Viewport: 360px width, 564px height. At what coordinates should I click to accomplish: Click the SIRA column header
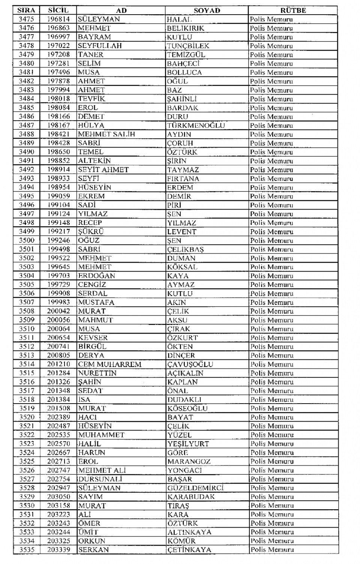pyautogui.click(x=26, y=10)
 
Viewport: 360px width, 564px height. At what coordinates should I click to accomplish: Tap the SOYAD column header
pyautogui.click(x=207, y=10)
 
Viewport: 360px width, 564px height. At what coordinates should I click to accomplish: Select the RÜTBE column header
pyautogui.click(x=293, y=10)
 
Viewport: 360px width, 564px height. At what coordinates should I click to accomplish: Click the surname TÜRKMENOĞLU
pyautogui.click(x=196, y=126)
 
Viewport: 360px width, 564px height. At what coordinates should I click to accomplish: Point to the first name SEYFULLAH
pyautogui.click(x=100, y=46)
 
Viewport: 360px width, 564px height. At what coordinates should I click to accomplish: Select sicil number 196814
pyautogui.click(x=58, y=19)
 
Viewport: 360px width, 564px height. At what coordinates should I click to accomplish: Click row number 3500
pyautogui.click(x=26, y=241)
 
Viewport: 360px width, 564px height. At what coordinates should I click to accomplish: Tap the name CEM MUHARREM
pyautogui.click(x=109, y=364)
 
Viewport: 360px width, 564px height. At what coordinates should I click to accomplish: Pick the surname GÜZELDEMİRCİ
pyautogui.click(x=195, y=488)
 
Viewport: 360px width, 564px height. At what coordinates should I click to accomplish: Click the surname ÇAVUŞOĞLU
pyautogui.click(x=190, y=364)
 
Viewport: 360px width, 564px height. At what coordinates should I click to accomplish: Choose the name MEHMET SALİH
pyautogui.click(x=106, y=134)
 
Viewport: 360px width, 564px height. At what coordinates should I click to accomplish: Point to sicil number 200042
pyautogui.click(x=58, y=311)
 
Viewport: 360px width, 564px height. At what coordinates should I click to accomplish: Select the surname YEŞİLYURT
pyautogui.click(x=188, y=444)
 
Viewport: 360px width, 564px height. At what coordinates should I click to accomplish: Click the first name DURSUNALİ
pyautogui.click(x=100, y=479)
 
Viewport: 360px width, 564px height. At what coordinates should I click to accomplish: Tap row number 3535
pyautogui.click(x=27, y=550)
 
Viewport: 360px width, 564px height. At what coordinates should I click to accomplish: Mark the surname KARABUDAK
pyautogui.click(x=191, y=497)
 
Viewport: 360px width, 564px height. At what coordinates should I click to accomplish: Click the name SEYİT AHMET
pyautogui.click(x=103, y=170)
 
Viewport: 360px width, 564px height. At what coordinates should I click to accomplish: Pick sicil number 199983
pyautogui.click(x=58, y=302)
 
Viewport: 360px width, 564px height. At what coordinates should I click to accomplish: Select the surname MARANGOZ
pyautogui.click(x=189, y=461)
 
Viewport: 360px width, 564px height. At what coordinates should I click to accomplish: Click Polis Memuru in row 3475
pyautogui.click(x=271, y=19)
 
